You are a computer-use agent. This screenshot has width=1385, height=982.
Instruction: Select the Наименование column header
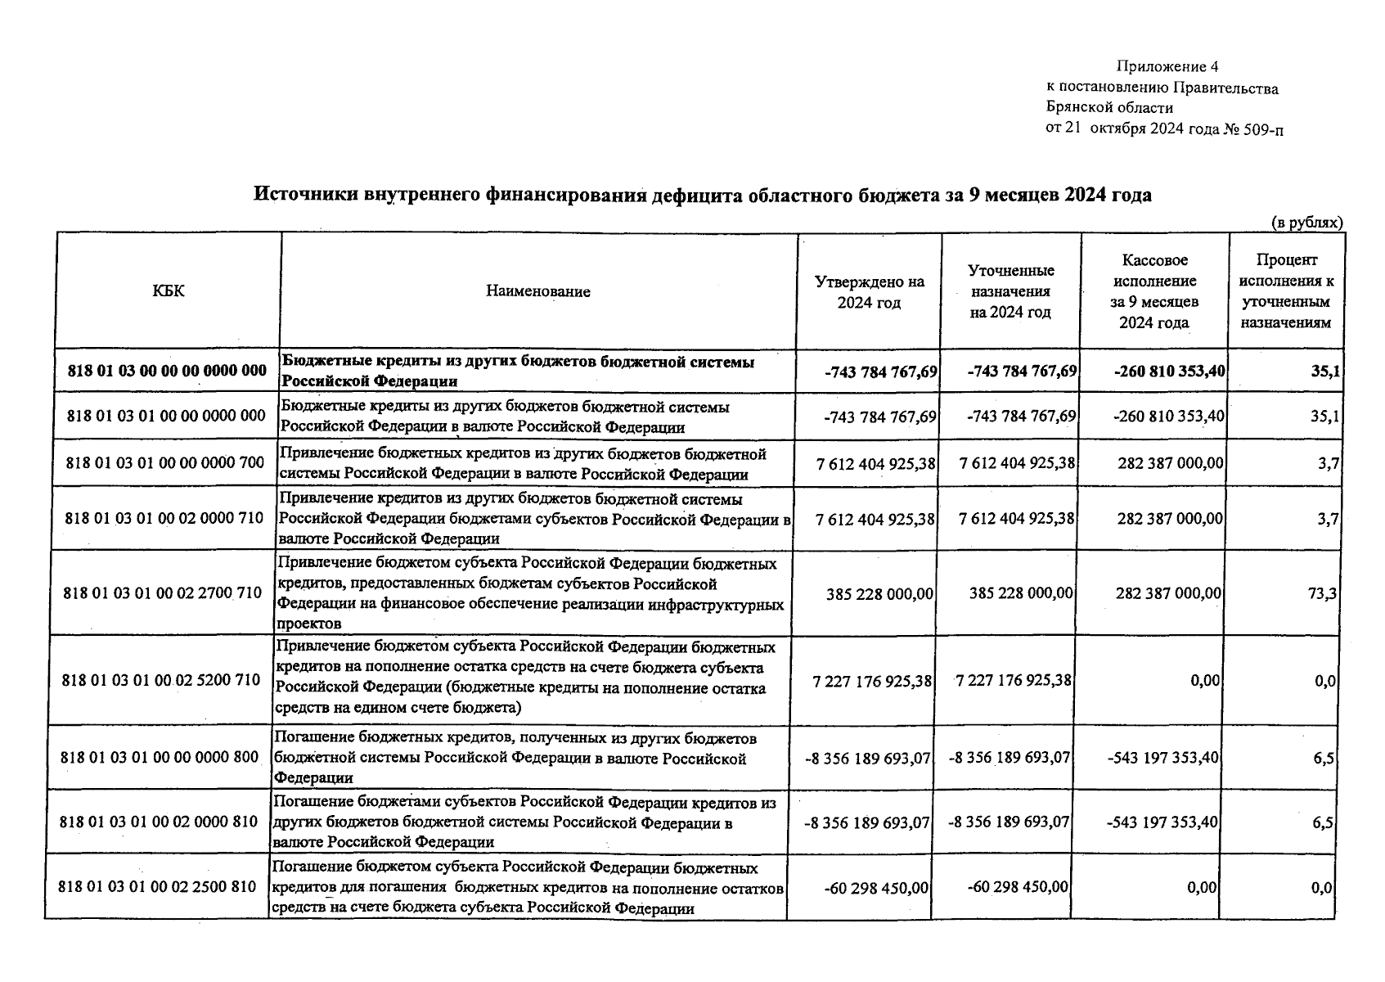537,291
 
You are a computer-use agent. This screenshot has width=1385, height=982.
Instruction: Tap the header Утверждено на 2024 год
869,292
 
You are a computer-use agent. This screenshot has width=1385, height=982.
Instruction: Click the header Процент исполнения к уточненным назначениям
1286,291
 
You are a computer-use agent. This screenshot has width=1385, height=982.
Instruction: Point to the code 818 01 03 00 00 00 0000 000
168,371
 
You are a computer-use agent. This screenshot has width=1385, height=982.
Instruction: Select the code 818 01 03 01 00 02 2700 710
162,592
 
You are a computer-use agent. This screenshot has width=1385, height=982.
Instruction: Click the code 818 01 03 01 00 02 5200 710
160,680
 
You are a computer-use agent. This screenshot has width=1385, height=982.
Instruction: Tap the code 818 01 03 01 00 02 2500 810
158,887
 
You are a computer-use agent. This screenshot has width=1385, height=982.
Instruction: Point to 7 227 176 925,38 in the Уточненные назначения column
1013,681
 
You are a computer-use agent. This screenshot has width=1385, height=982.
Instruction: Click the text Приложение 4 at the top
1167,66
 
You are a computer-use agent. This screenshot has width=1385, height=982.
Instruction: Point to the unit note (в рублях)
1306,223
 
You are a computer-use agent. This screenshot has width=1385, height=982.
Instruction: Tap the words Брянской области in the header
1109,107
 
